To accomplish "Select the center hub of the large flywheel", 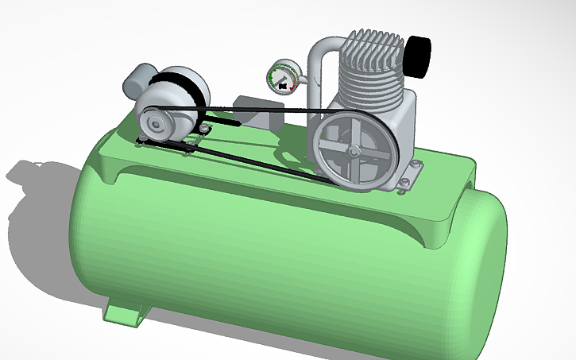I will [x=352, y=151].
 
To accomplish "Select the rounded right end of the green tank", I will [x=485, y=270].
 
